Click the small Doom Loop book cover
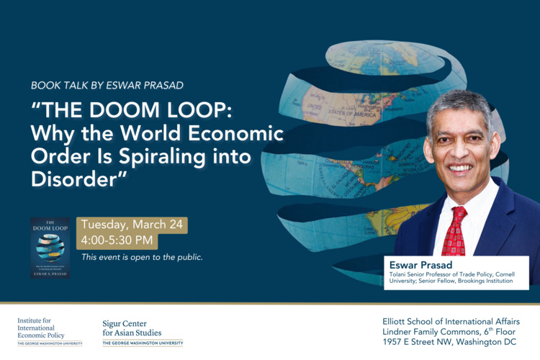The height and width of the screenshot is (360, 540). pos(50,248)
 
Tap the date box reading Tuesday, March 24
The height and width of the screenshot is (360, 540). pos(132,225)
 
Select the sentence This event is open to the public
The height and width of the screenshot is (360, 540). pos(142,257)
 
